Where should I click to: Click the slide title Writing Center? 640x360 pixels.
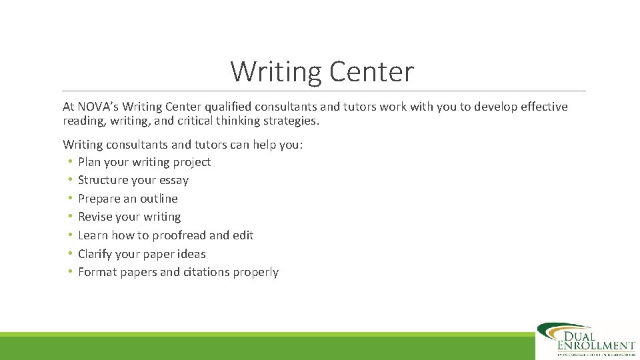[322, 72]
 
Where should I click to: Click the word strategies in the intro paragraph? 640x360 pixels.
[291, 121]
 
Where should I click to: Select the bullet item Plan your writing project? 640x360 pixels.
[144, 162]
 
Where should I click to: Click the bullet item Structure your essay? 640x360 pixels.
[133, 180]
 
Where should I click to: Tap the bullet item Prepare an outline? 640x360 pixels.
[128, 199]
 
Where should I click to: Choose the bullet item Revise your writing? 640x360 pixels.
[129, 217]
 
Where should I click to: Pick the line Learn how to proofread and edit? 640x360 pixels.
[165, 235]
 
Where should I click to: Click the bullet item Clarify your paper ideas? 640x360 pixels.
[142, 254]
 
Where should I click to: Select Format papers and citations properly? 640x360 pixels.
[178, 272]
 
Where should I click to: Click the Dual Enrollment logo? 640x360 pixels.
[586, 340]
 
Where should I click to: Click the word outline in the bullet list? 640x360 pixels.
[159, 199]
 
